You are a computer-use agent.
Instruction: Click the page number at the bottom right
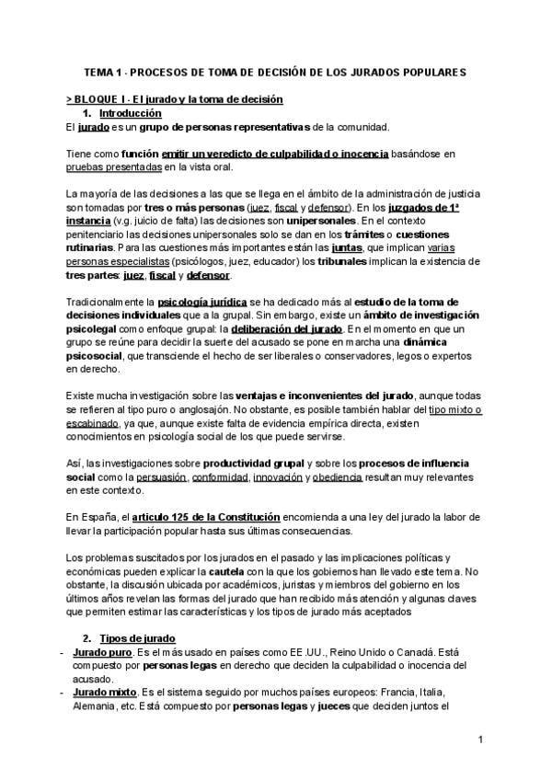point(480,740)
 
